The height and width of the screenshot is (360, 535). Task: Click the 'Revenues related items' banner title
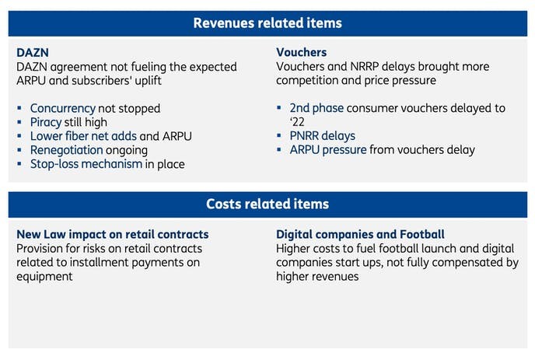[x=267, y=23]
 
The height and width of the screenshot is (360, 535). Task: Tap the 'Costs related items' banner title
[x=267, y=204]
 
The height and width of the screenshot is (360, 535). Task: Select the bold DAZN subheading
[x=33, y=53]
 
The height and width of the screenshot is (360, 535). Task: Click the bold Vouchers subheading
[x=301, y=52]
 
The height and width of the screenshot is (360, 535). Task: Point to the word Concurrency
[x=63, y=109]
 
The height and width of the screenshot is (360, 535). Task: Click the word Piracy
[x=46, y=122]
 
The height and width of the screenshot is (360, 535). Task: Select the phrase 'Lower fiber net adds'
[x=84, y=136]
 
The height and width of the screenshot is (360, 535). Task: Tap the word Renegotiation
[x=67, y=150]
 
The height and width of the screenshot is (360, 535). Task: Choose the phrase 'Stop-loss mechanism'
[x=86, y=164]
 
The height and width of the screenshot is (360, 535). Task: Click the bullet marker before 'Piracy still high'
[x=19, y=122]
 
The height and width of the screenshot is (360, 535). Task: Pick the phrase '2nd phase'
[x=316, y=108]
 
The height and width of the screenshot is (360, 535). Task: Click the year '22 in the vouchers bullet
[x=297, y=122]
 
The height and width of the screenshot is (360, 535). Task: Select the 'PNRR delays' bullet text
[x=323, y=136]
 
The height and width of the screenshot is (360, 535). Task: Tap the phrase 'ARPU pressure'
[x=328, y=150]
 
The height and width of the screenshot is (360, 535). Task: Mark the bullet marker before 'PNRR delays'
[x=279, y=136]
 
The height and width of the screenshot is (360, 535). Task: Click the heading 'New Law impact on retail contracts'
[x=113, y=234]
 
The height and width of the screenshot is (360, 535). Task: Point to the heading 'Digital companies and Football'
[x=360, y=234]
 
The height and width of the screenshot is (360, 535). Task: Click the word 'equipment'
[x=44, y=277]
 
